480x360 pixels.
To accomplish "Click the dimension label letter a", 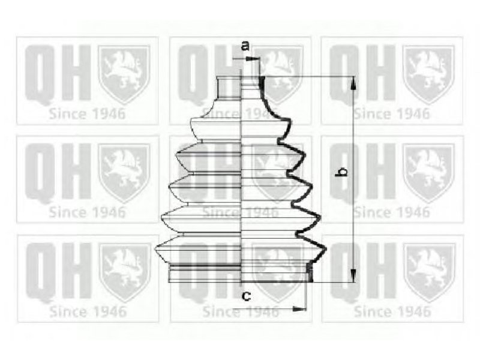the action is pyautogui.click(x=245, y=46).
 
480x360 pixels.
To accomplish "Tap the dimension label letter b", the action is pyautogui.click(x=341, y=172).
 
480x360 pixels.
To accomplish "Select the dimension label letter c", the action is pyautogui.click(x=247, y=296).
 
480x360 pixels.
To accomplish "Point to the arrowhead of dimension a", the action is pyautogui.click(x=253, y=58).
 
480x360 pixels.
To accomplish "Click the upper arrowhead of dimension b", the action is pyautogui.click(x=353, y=83).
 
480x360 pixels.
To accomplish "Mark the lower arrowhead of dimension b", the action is pyautogui.click(x=353, y=275).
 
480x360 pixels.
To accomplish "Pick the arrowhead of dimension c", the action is pyautogui.click(x=299, y=309).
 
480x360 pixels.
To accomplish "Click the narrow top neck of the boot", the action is pyautogui.click(x=241, y=88).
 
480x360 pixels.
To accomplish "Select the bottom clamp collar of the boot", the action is pyautogui.click(x=241, y=272).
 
